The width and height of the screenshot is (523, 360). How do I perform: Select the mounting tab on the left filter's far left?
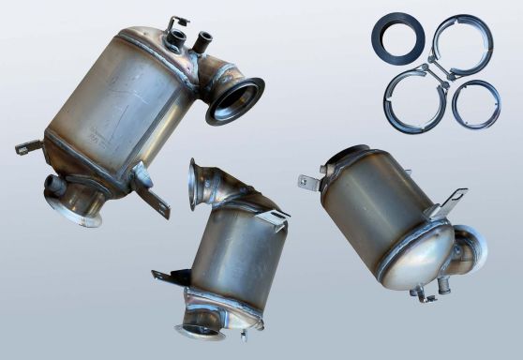click(26, 148)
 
